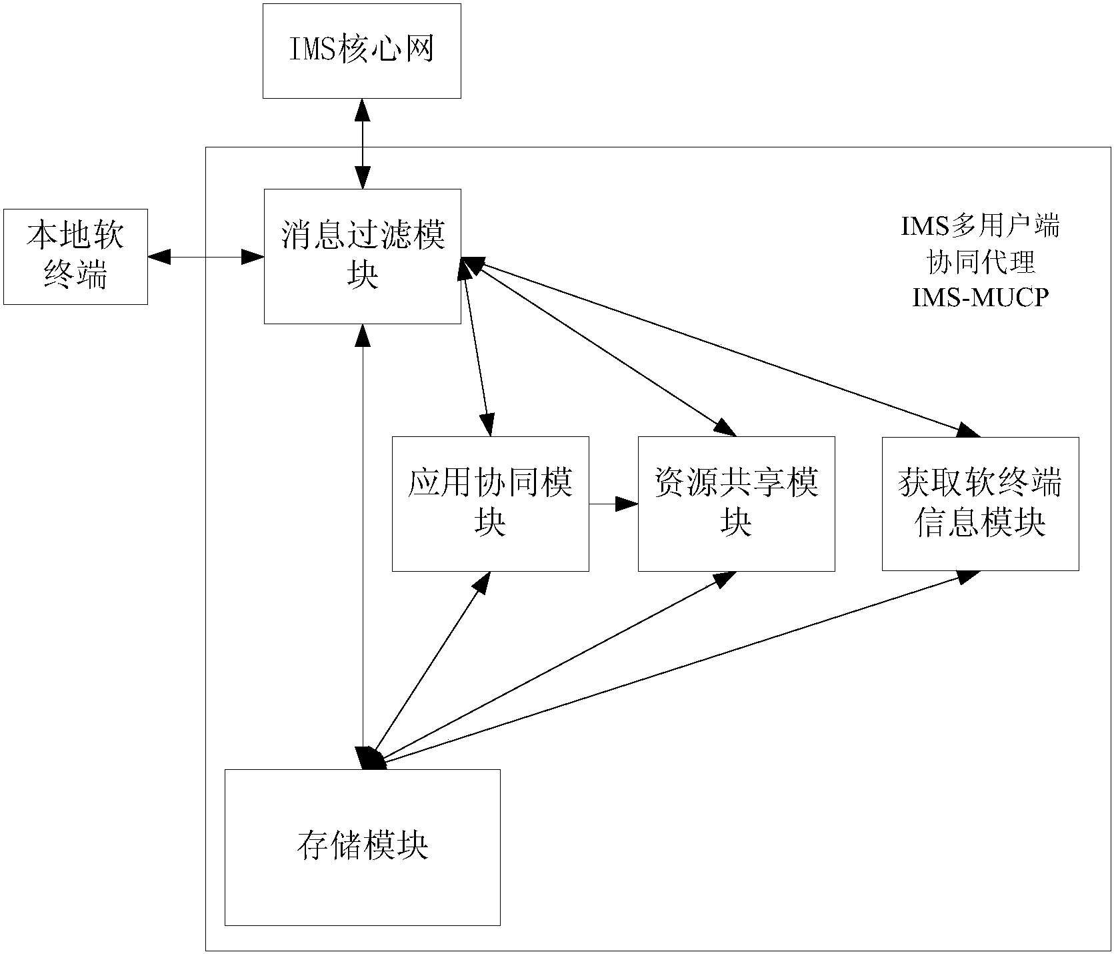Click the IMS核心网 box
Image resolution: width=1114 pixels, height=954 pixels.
pos(361,51)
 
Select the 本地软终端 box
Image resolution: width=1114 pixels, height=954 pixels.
pos(75,257)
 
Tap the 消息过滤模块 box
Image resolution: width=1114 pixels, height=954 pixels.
pos(362,256)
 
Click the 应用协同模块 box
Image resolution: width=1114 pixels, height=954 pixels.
pos(490,504)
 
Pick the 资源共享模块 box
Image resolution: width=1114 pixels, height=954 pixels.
pos(736,504)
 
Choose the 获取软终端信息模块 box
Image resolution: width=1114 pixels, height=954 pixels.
pos(980,504)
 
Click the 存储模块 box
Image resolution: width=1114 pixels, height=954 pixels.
pos(362,847)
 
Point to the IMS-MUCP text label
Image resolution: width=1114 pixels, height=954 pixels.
pos(980,298)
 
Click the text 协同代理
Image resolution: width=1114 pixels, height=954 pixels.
pos(980,262)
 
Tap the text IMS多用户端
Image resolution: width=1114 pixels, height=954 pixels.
pos(980,227)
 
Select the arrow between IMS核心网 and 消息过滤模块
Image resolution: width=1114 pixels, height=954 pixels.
pos(362,143)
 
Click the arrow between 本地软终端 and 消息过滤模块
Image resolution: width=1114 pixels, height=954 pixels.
pos(205,256)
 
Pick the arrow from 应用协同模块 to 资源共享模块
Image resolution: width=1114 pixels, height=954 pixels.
pos(613,504)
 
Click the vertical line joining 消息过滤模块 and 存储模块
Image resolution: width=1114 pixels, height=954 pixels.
pos(362,534)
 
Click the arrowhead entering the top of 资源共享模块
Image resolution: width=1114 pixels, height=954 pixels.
pos(725,428)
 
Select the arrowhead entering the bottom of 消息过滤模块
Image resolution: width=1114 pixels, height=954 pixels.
pos(362,336)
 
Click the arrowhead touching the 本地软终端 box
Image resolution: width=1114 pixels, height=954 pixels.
pos(159,256)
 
